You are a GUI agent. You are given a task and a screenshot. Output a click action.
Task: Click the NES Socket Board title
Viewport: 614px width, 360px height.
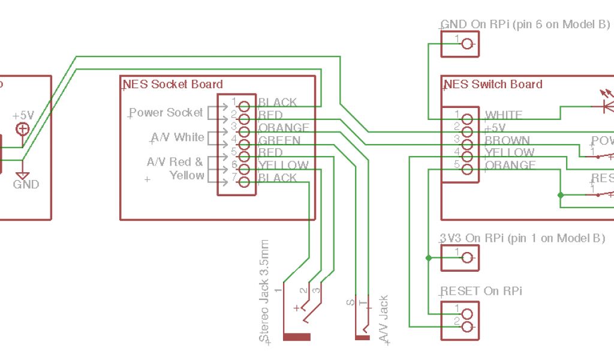click(173, 85)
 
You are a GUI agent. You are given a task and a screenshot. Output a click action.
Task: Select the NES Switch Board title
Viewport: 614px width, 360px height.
click(493, 85)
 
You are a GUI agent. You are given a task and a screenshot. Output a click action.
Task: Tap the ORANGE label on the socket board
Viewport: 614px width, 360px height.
click(284, 128)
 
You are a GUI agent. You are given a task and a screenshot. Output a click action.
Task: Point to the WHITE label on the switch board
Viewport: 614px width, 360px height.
click(503, 115)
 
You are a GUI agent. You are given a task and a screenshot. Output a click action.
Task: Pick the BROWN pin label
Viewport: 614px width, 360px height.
click(507, 140)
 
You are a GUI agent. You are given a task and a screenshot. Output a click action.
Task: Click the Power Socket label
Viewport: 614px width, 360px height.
click(166, 112)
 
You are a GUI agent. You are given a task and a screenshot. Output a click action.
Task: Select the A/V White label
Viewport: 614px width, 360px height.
click(177, 137)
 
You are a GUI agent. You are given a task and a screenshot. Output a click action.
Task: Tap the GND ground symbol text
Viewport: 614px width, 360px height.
click(26, 184)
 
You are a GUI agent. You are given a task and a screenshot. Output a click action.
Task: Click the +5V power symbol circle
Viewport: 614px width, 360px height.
click(23, 128)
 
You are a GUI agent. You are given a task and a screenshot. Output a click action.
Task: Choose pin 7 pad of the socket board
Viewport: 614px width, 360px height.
click(243, 182)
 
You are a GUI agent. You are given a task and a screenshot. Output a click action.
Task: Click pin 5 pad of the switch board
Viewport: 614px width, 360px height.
click(468, 169)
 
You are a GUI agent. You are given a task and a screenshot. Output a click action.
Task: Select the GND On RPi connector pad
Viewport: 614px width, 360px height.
click(468, 43)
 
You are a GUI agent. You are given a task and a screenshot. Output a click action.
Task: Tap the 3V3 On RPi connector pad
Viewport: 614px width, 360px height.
click(468, 258)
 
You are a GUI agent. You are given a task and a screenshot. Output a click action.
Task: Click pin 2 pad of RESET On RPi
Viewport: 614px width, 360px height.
click(468, 326)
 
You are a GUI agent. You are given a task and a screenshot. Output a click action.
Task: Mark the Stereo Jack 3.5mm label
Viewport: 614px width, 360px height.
click(264, 291)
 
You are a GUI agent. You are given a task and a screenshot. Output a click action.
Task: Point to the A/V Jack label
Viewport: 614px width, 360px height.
click(384, 319)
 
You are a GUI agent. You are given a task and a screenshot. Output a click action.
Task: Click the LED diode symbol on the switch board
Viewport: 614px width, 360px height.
click(607, 106)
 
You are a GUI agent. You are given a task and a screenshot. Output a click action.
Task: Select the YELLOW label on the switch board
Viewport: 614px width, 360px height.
click(510, 153)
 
